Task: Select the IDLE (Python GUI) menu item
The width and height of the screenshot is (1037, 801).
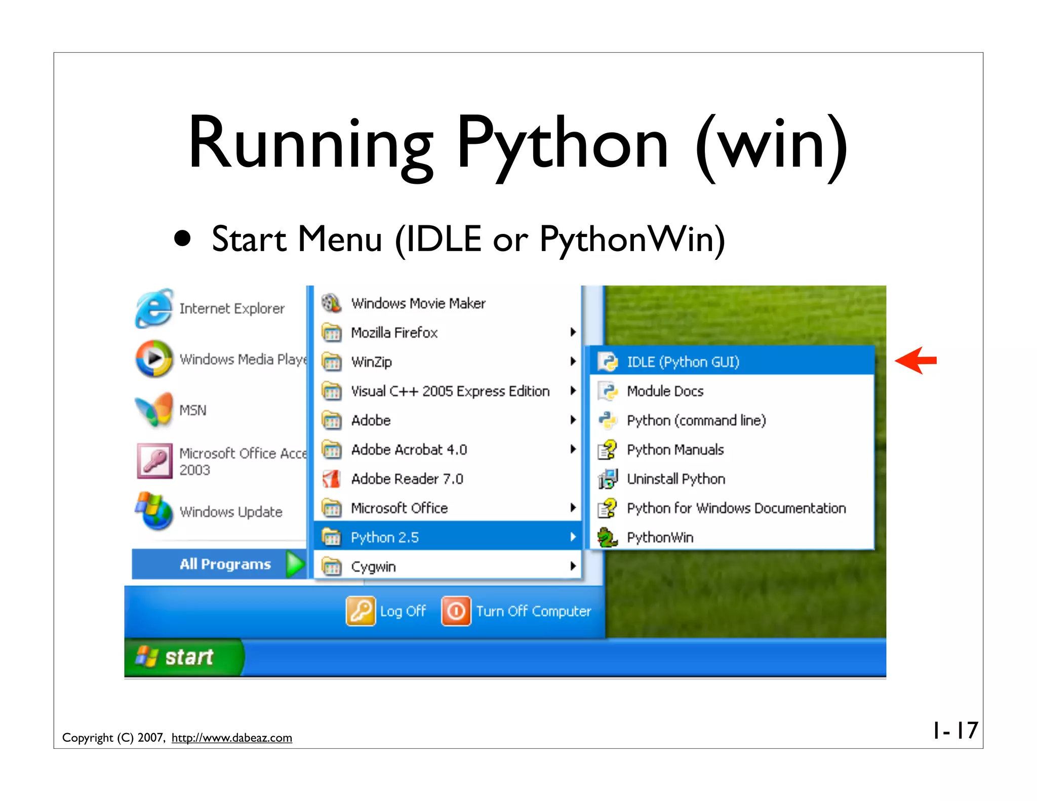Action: (x=682, y=362)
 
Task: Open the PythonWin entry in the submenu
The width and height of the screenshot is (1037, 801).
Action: (x=659, y=537)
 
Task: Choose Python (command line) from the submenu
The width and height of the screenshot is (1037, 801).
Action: (x=696, y=420)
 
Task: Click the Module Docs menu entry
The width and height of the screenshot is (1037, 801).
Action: (x=664, y=391)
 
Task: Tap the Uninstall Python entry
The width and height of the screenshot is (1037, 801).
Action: (x=675, y=479)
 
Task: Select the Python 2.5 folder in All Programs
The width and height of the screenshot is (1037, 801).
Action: (x=385, y=537)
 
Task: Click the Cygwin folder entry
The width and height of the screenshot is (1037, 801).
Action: (x=373, y=567)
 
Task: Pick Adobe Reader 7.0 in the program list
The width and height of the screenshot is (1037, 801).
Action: (x=407, y=479)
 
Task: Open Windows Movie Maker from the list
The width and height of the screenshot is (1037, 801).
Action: (x=418, y=303)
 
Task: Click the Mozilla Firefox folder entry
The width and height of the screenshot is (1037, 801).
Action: (x=394, y=333)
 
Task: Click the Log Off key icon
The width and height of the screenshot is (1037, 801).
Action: (x=361, y=611)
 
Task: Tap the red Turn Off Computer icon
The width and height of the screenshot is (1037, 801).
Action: (x=456, y=611)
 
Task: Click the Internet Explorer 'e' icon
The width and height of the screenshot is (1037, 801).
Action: (x=154, y=308)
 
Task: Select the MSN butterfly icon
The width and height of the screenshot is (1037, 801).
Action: (x=154, y=410)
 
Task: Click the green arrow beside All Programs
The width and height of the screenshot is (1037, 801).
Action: (x=295, y=564)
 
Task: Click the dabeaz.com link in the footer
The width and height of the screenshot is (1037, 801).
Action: (x=231, y=738)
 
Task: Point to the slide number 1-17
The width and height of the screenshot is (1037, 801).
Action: (x=955, y=730)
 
